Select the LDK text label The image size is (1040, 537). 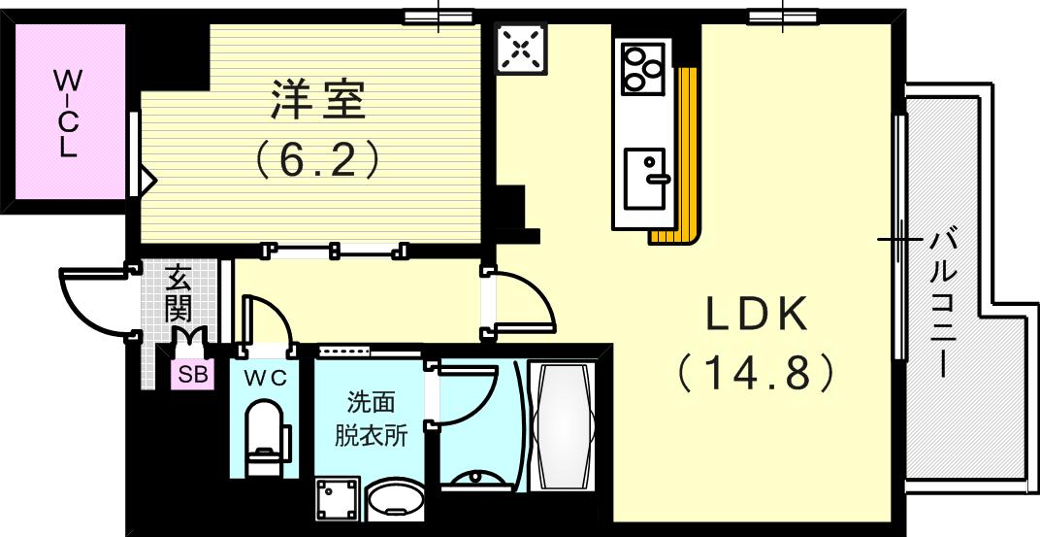pos(756,314)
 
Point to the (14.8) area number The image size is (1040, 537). pos(756,371)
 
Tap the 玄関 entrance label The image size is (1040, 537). pos(178,294)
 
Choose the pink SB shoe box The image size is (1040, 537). pos(192,375)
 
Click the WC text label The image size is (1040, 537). pos(265,379)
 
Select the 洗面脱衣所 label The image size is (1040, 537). pos(371,419)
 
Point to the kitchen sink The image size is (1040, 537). pos(645,178)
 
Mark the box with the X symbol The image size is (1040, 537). pos(522,48)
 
